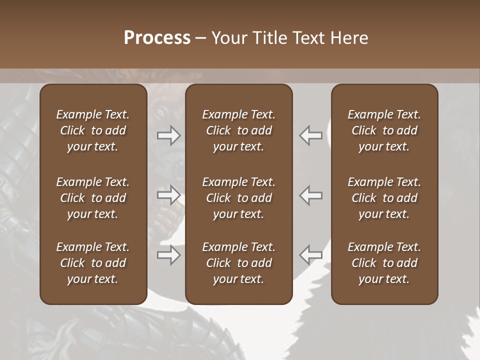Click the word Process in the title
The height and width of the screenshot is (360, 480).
pos(157,38)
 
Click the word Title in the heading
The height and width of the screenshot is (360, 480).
pos(268,38)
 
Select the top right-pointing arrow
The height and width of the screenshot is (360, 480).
pos(168,135)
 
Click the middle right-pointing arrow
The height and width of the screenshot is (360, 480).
pos(168,195)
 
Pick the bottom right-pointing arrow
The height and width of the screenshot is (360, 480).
pos(168,255)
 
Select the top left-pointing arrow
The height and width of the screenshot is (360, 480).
pos(310,135)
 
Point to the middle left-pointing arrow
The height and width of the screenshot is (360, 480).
pos(310,195)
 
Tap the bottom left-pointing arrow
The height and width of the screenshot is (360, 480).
pos(310,255)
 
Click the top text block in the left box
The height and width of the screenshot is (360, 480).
pos(93,130)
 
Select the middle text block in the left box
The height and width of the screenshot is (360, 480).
pos(93,198)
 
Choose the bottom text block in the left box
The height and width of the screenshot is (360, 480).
pos(93,263)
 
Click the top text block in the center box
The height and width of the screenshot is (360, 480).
pos(239,130)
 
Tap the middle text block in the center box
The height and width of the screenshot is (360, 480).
pos(239,198)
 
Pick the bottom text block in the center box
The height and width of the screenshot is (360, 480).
pos(239,263)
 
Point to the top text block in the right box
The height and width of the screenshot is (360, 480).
pos(384,130)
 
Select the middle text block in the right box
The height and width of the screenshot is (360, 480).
pos(384,198)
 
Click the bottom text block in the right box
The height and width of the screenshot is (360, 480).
pos(384,263)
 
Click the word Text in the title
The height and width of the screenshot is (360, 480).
pos(309,38)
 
